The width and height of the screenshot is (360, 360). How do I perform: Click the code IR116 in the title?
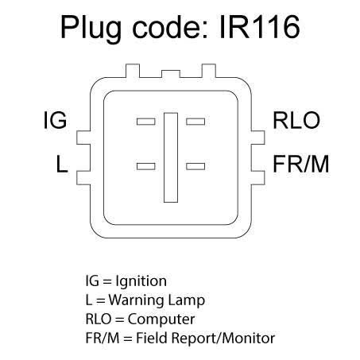click(x=260, y=26)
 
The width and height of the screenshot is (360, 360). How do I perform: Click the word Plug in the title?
click(x=91, y=29)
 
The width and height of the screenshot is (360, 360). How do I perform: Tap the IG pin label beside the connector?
click(x=55, y=121)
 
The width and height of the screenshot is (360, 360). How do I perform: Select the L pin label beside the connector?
click(x=62, y=164)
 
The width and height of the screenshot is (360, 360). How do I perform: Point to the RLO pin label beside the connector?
click(x=296, y=121)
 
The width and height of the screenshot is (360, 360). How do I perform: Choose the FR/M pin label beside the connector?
click(x=300, y=164)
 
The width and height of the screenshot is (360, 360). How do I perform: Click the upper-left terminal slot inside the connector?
click(x=146, y=122)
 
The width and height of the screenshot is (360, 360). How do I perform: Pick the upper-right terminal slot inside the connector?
click(x=195, y=122)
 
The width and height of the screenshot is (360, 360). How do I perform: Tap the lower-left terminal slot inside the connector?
click(x=146, y=166)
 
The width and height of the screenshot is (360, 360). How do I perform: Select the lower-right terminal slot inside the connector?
click(x=195, y=166)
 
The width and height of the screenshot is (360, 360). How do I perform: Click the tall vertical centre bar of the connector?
click(x=171, y=157)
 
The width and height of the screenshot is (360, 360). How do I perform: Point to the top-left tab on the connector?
click(x=133, y=71)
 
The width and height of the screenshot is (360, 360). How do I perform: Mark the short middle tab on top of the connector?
click(x=171, y=74)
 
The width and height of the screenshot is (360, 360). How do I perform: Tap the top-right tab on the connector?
click(x=209, y=71)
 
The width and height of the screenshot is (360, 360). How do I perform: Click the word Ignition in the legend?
click(x=141, y=282)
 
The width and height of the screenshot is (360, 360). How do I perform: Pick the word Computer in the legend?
click(x=161, y=319)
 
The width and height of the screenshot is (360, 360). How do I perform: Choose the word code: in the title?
click(x=169, y=27)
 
